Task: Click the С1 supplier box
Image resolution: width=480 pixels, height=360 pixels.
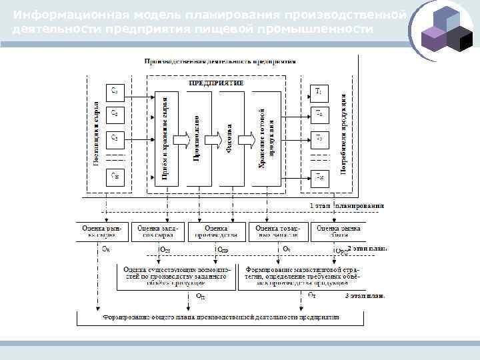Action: [x=115, y=91]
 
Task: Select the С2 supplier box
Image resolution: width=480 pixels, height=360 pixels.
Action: [x=115, y=115]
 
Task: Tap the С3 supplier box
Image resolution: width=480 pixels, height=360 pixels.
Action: [x=115, y=139]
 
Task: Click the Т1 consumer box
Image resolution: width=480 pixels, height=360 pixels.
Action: [x=319, y=91]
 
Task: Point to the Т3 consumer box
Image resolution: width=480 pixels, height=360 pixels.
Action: [x=319, y=139]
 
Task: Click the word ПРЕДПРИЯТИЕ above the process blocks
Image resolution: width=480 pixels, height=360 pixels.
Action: [x=216, y=83]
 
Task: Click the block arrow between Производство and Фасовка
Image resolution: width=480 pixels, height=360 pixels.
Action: [x=213, y=139]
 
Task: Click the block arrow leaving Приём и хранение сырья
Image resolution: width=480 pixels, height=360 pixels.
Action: [x=181, y=139]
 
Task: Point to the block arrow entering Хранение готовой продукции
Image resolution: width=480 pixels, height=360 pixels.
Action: [x=246, y=139]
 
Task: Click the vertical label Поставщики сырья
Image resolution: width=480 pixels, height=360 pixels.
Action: [x=97, y=134]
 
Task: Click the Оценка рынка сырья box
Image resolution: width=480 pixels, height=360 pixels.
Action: [x=103, y=231]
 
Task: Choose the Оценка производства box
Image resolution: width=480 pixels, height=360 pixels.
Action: [x=216, y=231]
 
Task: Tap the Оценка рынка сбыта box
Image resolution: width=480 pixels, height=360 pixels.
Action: [x=339, y=231]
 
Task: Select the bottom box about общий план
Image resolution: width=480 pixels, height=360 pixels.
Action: [x=220, y=317]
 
